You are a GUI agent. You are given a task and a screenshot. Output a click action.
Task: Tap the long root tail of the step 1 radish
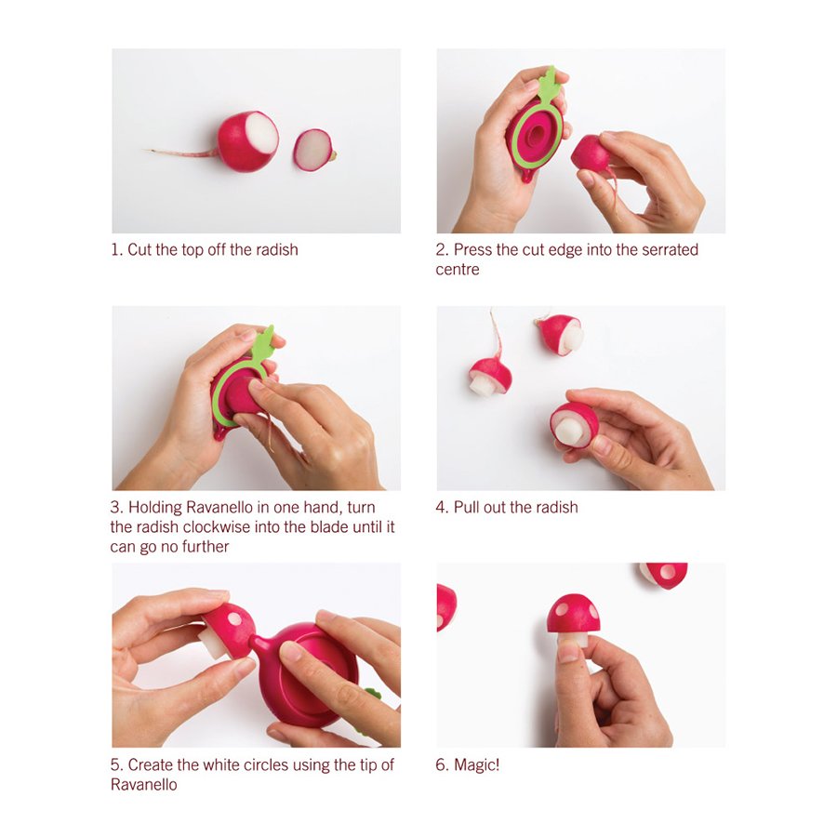181,153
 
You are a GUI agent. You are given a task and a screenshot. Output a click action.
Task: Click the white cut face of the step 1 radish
261,133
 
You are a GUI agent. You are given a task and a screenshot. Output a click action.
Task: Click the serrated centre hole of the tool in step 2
537,133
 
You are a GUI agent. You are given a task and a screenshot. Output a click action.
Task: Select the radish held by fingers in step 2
591,153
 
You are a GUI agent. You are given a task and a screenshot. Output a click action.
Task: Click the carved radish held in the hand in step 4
575,425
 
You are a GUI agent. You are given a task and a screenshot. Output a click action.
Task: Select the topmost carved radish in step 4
560,335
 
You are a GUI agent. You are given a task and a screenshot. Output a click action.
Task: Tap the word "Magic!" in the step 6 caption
477,765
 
